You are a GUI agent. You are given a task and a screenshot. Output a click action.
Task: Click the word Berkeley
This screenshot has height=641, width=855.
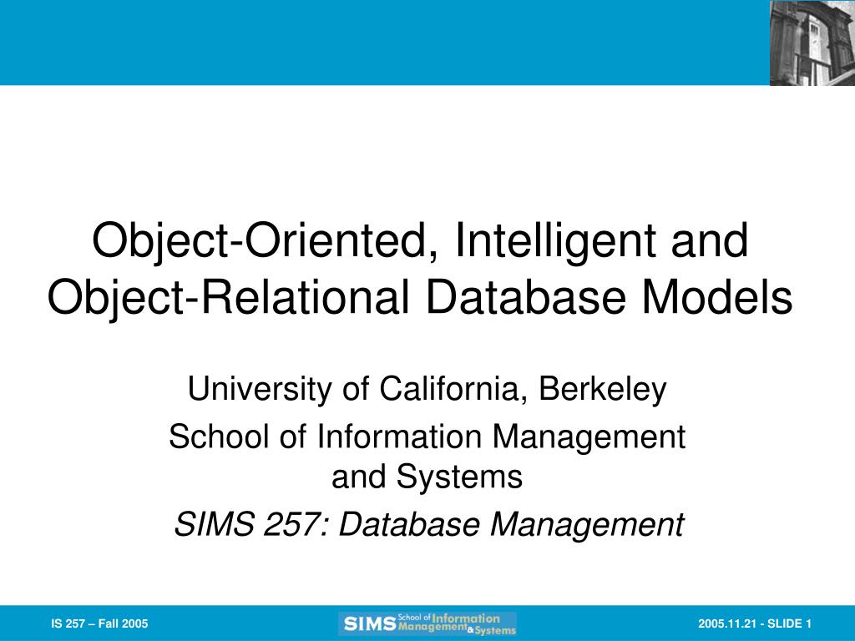click(603, 390)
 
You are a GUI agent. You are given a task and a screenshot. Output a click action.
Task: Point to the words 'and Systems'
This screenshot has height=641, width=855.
click(427, 477)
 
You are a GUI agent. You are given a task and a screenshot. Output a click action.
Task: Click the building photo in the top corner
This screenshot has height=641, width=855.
click(812, 43)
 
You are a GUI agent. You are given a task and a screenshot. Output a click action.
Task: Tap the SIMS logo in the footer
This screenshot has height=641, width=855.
click(427, 623)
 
